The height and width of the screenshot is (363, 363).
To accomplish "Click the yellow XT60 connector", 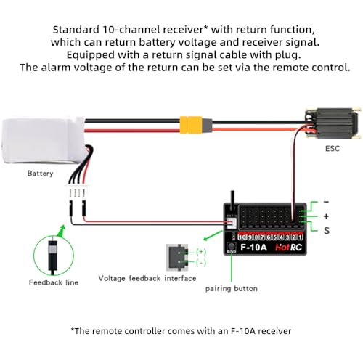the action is pyautogui.click(x=191, y=125).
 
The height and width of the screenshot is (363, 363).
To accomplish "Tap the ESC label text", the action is pyautogui.click(x=333, y=148).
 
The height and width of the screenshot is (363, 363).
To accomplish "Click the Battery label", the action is pyautogui.click(x=40, y=174).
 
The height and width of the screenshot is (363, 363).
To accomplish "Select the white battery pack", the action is pyautogui.click(x=44, y=141).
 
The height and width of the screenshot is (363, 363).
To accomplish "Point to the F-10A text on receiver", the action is pyautogui.click(x=253, y=248).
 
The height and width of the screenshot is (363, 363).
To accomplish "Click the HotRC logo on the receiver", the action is pyautogui.click(x=289, y=248).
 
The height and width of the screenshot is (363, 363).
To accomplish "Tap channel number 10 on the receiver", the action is pyautogui.click(x=242, y=237).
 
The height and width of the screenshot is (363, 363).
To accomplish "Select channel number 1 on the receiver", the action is pyautogui.click(x=300, y=237).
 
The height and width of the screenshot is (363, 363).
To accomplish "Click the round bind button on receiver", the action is pyautogui.click(x=232, y=247).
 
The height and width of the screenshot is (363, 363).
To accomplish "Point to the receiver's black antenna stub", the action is pyautogui.click(x=232, y=200).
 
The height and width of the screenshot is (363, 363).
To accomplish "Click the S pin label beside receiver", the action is pyautogui.click(x=327, y=231).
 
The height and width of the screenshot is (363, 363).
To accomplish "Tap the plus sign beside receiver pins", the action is pyautogui.click(x=326, y=216).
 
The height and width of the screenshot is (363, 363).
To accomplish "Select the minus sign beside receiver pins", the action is pyautogui.click(x=326, y=202).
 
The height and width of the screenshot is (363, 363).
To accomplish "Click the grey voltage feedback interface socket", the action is pyautogui.click(x=177, y=257).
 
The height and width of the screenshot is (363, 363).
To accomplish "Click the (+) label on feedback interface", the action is pyautogui.click(x=201, y=252).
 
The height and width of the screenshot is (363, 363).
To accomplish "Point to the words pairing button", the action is pyautogui.click(x=232, y=288).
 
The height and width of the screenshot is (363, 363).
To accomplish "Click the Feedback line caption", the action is pyautogui.click(x=54, y=282).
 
